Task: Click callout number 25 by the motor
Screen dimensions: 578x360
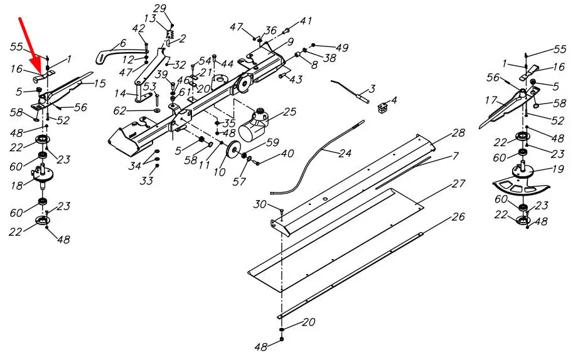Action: click(x=289, y=111)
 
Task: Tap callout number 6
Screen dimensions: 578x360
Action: click(x=122, y=43)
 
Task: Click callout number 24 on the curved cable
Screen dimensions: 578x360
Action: click(x=345, y=152)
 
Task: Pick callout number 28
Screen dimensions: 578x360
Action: click(x=458, y=133)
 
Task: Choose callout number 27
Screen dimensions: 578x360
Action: click(x=458, y=183)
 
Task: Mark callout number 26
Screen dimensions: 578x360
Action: click(x=458, y=216)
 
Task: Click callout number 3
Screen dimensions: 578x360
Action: click(x=372, y=89)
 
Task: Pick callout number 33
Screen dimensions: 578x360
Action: click(x=146, y=181)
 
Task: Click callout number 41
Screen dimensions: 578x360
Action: click(x=306, y=21)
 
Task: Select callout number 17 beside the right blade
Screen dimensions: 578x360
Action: click(x=491, y=100)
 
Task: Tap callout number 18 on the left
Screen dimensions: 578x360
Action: click(x=16, y=186)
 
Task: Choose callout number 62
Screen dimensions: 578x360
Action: click(x=119, y=111)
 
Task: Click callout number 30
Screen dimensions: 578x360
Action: click(x=260, y=204)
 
